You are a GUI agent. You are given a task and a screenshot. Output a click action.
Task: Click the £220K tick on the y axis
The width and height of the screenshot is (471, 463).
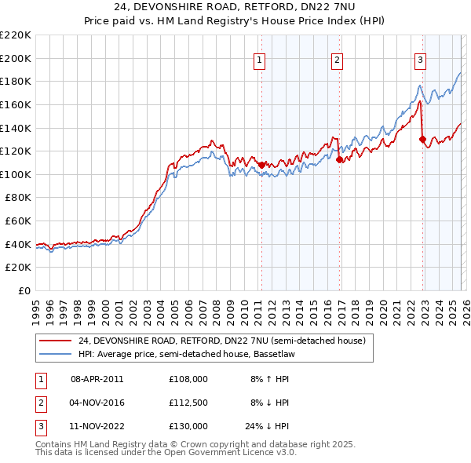tap(16, 35)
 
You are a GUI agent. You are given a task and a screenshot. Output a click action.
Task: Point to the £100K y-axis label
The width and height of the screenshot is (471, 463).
tap(16, 174)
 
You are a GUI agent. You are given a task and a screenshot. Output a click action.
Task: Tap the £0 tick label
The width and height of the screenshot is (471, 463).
tap(24, 290)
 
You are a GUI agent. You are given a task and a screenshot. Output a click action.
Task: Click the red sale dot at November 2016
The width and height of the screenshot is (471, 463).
tap(339, 159)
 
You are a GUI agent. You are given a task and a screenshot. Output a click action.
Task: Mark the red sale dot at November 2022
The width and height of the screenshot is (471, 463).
tap(422, 140)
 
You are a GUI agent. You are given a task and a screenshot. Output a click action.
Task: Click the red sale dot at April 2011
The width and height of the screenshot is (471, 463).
tap(261, 164)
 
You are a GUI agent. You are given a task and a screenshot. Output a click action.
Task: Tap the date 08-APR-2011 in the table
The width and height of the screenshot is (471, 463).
tap(97, 378)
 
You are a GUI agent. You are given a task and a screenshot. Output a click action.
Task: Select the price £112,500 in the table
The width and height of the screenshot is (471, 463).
tap(188, 403)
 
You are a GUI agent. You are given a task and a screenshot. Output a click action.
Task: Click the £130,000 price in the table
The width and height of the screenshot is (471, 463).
tap(188, 426)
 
